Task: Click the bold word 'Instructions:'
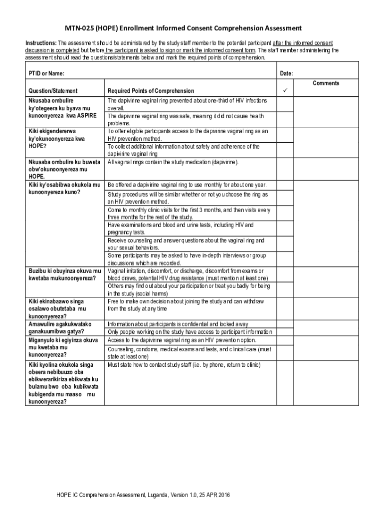click(x=41, y=43)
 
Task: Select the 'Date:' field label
click(x=286, y=73)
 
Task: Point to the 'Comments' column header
click(x=326, y=83)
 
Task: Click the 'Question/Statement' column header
click(x=53, y=91)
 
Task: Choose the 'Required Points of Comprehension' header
click(x=151, y=91)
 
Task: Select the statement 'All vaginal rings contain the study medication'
click(x=173, y=162)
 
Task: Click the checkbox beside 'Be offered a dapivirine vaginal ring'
click(x=285, y=185)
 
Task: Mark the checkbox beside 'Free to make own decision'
click(x=285, y=305)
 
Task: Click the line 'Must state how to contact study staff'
click(x=184, y=365)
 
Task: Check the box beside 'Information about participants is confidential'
click(x=285, y=324)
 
